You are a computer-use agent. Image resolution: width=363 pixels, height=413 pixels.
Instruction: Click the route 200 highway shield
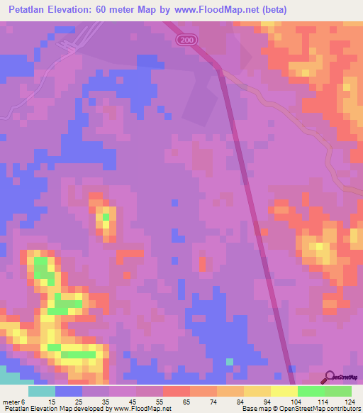coord(187,40)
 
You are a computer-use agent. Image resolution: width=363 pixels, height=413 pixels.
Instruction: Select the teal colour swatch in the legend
coord(42,391)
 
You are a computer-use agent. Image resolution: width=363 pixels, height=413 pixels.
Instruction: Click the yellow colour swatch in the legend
coord(284,391)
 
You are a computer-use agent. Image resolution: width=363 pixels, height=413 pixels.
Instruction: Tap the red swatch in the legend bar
coord(176,391)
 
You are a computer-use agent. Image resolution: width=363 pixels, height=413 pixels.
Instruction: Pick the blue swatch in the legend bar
coord(69,391)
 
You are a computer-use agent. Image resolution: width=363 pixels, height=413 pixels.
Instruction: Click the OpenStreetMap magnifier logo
coord(330,378)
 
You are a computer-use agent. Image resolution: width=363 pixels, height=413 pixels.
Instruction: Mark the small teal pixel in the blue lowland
coord(230,361)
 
